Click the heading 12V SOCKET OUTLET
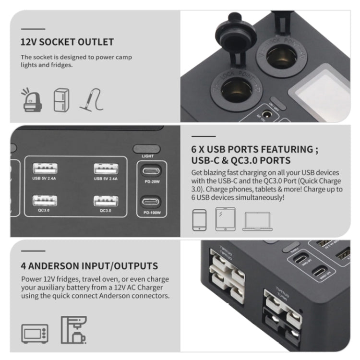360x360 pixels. pos(67,42)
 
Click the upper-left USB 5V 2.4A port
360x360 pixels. pos(46,169)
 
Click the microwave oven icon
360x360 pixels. pos(35,333)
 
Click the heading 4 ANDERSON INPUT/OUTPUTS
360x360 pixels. pos(89,265)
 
